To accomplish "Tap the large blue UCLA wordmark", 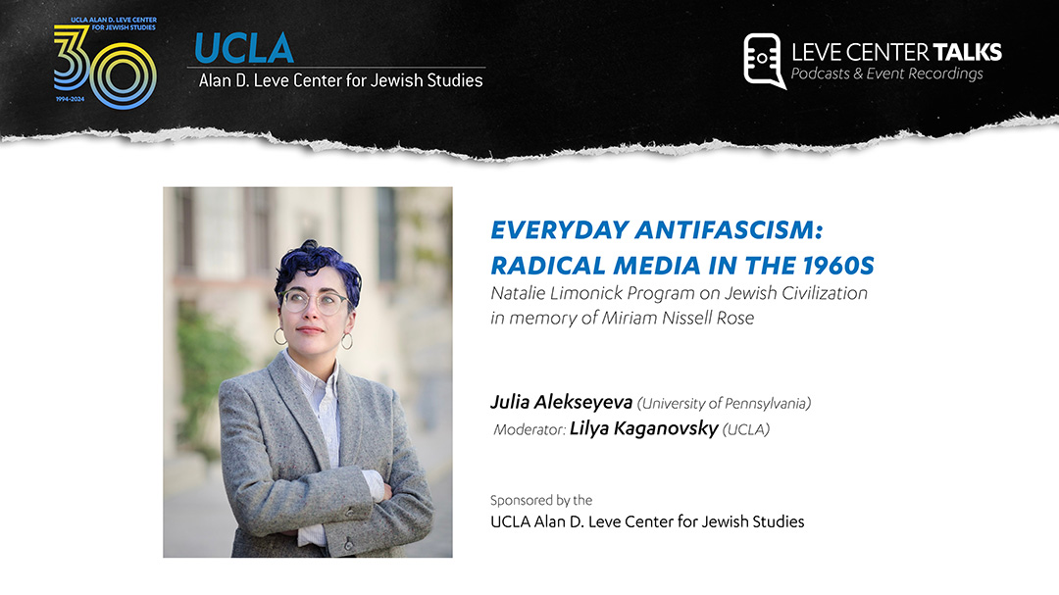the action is point(244,49).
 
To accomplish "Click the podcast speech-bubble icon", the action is point(765,61).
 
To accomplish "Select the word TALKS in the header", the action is point(967,52).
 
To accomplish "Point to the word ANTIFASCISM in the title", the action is point(730,230).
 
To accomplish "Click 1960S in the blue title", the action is point(838,266).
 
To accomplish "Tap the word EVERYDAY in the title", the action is point(560,230).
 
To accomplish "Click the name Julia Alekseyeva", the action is point(561,403).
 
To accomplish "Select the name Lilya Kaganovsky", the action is point(643,429).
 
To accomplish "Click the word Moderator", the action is point(529,429).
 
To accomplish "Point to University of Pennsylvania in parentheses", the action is point(724,404).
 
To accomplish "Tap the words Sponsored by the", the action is point(541,501).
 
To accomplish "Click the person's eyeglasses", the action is point(314,301).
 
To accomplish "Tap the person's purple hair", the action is point(316,266).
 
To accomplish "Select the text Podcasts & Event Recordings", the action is point(886,74).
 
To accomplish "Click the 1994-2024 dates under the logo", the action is point(71,99).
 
